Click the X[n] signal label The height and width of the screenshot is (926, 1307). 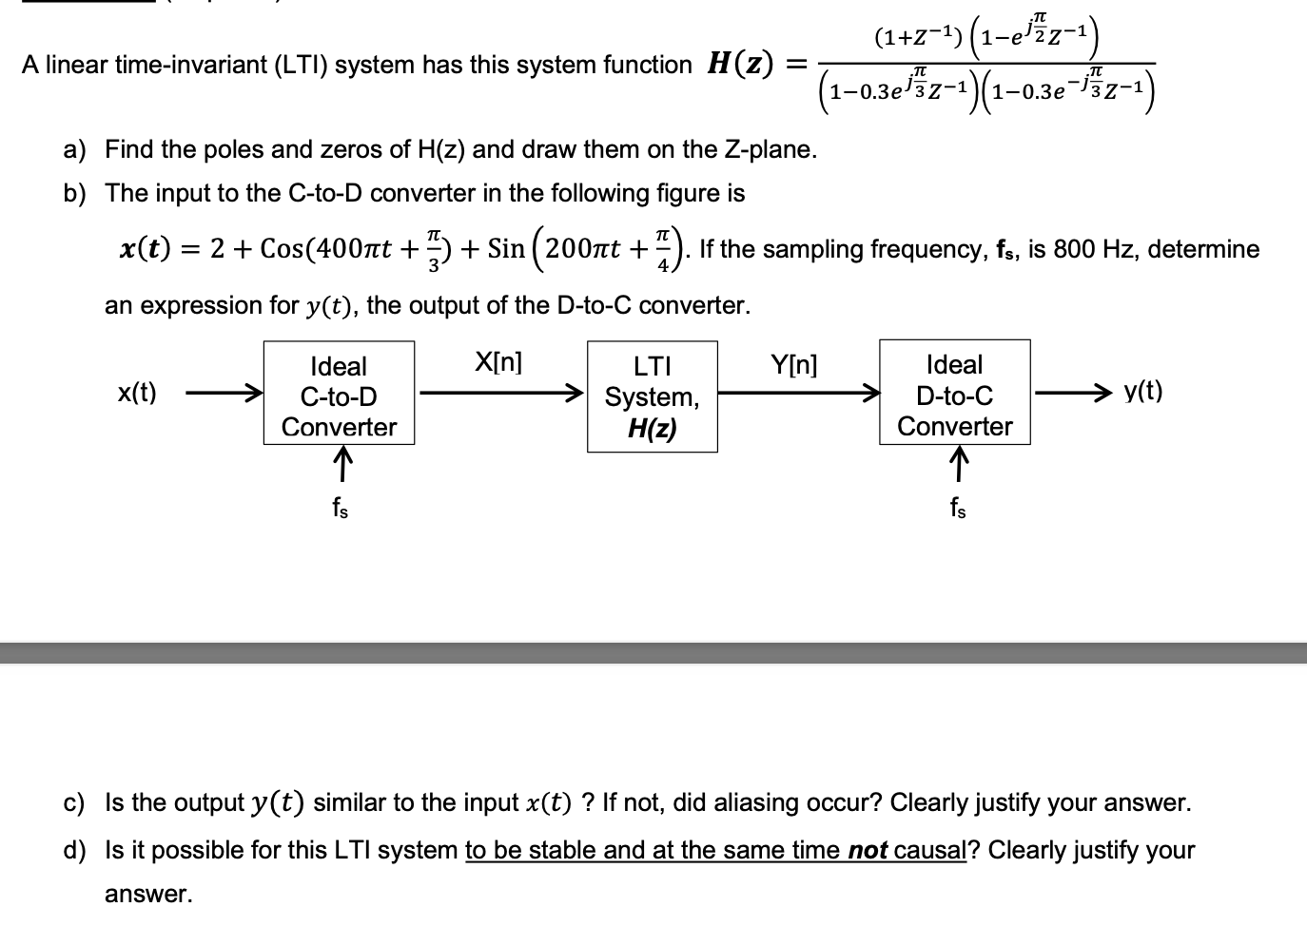coord(498,362)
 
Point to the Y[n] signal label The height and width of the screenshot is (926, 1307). coord(794,365)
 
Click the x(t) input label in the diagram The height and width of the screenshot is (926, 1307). coord(137,392)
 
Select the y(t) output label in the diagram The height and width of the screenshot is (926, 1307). coord(1143,392)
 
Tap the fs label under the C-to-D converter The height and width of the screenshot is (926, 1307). coord(341,508)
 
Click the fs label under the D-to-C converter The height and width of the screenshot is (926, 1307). coord(958,508)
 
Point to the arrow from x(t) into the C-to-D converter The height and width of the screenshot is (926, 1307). coord(224,393)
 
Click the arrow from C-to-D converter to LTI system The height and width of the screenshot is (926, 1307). coord(501,393)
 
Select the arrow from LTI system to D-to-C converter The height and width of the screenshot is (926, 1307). coord(799,393)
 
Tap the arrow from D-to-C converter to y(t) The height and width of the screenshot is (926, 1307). coord(1073,393)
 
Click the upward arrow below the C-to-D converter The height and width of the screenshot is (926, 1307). coord(343,464)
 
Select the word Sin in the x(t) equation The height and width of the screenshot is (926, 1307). coord(506,249)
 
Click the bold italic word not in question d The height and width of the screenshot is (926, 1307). coord(868,850)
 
